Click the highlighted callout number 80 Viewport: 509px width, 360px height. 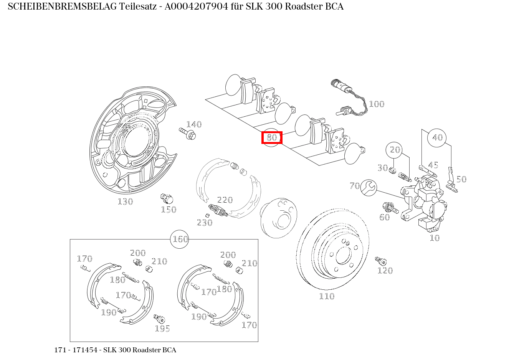click(x=272, y=137)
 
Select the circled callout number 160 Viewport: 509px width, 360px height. click(x=180, y=239)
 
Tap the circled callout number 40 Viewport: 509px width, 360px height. click(x=437, y=137)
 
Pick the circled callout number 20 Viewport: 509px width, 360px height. click(x=395, y=150)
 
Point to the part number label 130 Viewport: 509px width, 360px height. click(x=125, y=201)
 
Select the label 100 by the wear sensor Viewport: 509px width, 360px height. click(x=376, y=104)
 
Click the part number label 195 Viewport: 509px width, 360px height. click(x=162, y=329)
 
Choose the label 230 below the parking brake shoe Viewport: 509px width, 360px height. click(x=204, y=223)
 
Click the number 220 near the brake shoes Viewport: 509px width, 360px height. click(x=225, y=200)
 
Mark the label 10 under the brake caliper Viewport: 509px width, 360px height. click(x=434, y=238)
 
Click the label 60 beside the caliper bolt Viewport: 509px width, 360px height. click(x=384, y=217)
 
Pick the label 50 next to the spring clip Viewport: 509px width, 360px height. click(x=461, y=179)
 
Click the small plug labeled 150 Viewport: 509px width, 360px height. click(x=166, y=198)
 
